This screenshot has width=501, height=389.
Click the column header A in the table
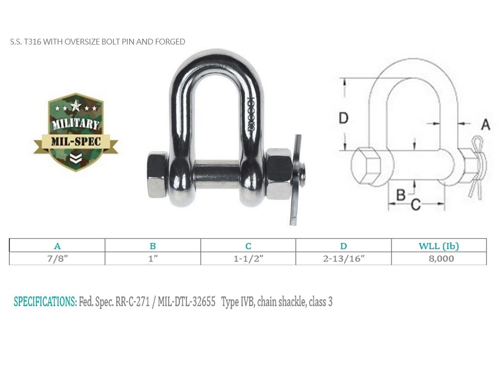coord(57,246)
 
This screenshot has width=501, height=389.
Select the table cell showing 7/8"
coord(57,258)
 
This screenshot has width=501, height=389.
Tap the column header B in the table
coord(153,246)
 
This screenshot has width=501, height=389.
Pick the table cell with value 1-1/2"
coord(249,258)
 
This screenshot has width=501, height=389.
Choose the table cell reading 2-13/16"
coord(343,258)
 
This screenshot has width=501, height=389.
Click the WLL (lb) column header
coord(439,246)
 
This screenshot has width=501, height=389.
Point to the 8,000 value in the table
coord(439,258)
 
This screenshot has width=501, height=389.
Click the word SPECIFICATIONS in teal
coord(45,302)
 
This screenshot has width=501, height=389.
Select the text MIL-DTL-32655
coord(187,302)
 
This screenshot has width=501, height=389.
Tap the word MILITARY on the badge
coord(76,124)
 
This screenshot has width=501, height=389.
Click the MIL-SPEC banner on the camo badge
coord(76,142)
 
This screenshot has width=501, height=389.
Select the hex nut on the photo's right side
coord(279,174)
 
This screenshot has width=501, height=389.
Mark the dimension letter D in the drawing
coord(343,118)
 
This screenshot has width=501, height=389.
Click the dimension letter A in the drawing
coord(486,125)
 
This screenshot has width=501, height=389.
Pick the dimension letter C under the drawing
coord(415,205)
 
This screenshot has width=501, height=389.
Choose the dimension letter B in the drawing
coord(401,194)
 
